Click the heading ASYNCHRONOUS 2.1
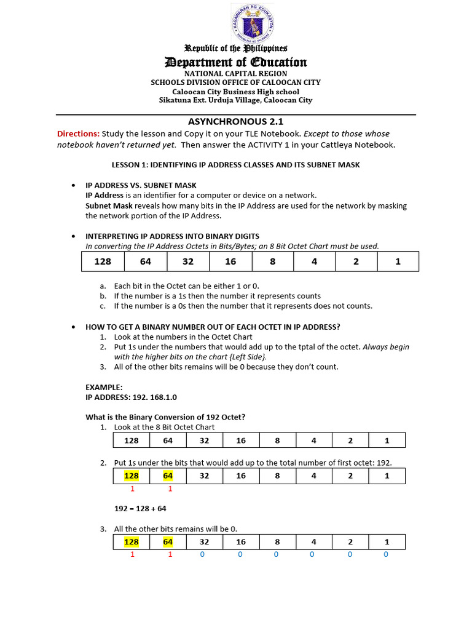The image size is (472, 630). [x=235, y=122]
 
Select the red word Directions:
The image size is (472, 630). [x=78, y=134]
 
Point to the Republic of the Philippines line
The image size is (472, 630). [x=236, y=48]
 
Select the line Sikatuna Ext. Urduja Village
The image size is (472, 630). [x=236, y=100]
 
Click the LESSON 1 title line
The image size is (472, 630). [x=235, y=165]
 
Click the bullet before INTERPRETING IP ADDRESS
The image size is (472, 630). [x=73, y=236]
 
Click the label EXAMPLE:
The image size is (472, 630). [x=104, y=387]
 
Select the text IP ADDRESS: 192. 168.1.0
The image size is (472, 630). [x=131, y=397]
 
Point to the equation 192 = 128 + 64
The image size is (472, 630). [x=140, y=509]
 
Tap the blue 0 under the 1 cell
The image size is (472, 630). [x=385, y=554]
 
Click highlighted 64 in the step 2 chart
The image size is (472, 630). [x=168, y=476]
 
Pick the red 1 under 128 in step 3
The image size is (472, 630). [x=132, y=554]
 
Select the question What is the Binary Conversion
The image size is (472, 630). [x=165, y=417]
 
